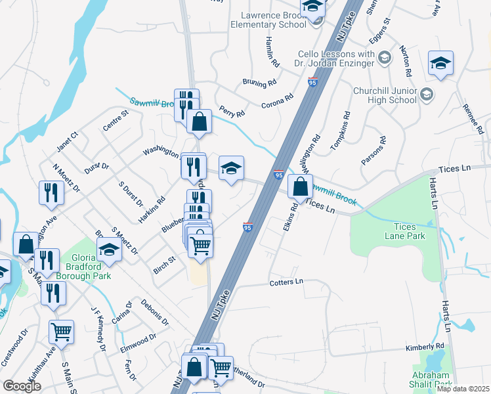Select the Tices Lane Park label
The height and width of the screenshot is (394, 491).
[400, 231]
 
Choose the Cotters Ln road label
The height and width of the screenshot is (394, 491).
[286, 282]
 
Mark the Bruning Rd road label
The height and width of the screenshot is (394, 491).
[259, 84]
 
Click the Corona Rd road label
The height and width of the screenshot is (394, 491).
[277, 101]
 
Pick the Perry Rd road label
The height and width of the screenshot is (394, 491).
[232, 112]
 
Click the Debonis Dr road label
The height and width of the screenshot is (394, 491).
[155, 313]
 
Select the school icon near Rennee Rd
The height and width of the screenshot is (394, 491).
[440, 64]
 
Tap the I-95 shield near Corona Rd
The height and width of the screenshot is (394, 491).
[312, 81]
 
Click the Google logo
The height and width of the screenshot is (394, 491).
[22, 386]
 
